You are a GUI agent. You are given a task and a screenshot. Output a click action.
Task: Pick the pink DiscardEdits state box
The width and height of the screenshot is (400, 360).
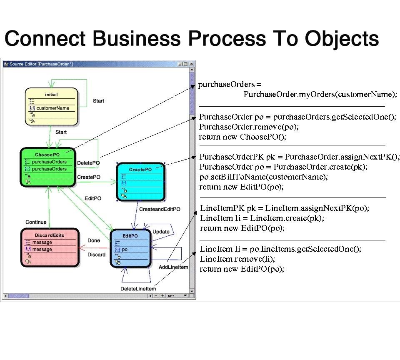(x=50, y=247)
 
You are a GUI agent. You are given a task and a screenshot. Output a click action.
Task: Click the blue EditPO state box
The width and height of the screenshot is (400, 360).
(x=130, y=248)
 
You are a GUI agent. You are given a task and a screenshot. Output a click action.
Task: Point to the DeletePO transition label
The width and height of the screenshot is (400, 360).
(x=88, y=162)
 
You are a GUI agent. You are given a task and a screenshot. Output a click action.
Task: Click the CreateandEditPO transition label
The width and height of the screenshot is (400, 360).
(x=159, y=209)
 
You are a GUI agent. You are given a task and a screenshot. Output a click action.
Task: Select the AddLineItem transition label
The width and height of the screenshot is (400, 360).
(x=173, y=267)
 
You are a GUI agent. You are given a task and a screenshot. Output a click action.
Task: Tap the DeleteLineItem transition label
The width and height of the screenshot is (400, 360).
(x=138, y=289)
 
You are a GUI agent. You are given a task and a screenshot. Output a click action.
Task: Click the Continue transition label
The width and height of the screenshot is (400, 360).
(x=36, y=222)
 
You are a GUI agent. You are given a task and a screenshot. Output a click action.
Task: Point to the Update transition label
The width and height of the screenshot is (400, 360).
(x=161, y=232)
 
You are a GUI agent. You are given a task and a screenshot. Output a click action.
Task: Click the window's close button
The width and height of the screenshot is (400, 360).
(x=192, y=64)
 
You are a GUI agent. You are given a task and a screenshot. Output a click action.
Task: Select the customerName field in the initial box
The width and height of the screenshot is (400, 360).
(x=52, y=108)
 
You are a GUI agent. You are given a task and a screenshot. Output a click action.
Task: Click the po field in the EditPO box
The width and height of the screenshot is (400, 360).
(x=125, y=249)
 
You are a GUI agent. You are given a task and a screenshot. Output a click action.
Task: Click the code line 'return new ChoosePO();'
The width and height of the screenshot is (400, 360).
(x=242, y=137)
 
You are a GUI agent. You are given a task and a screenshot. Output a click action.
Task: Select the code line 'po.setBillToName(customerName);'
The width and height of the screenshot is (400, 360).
(x=263, y=177)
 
